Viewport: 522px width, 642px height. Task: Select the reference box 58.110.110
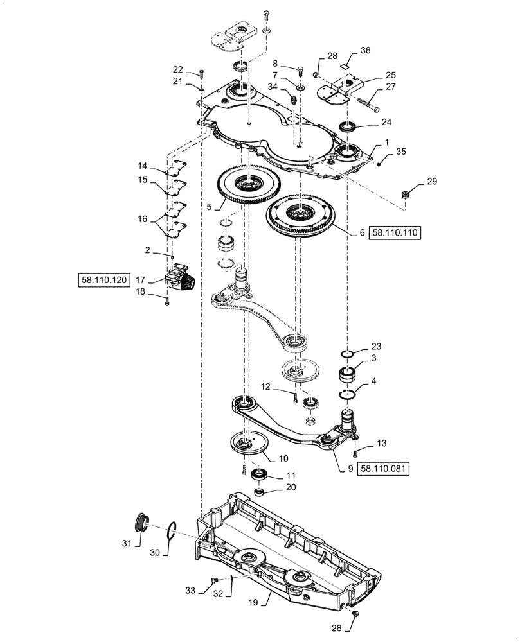pos(395,234)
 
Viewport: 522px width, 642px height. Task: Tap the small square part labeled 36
pos(346,65)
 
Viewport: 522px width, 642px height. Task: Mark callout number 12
pos(265,386)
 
